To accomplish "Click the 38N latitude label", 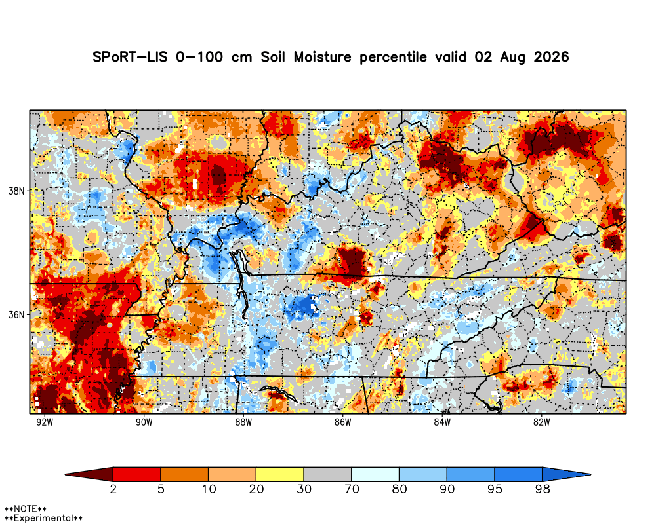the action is (16, 191).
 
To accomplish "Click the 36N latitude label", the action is (16, 314).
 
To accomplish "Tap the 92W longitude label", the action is (45, 422).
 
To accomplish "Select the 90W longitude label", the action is (144, 422).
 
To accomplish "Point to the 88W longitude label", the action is (243, 422).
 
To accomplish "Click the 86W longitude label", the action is (342, 422).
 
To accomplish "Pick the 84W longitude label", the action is (442, 422).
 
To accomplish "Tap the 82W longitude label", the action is (542, 422).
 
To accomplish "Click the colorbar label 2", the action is (113, 489).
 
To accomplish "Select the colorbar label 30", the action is (304, 489).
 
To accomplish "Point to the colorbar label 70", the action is (352, 489).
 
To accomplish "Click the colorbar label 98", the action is (543, 489).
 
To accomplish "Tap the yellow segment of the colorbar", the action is (280, 474).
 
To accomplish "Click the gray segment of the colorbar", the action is (327, 474).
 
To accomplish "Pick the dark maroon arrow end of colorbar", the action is (89, 474).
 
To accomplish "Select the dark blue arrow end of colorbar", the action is (567, 474).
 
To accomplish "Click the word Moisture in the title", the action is (322, 57).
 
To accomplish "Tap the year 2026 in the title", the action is (551, 57).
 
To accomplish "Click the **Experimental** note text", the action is (43, 518).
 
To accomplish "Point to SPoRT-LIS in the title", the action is (130, 57).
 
